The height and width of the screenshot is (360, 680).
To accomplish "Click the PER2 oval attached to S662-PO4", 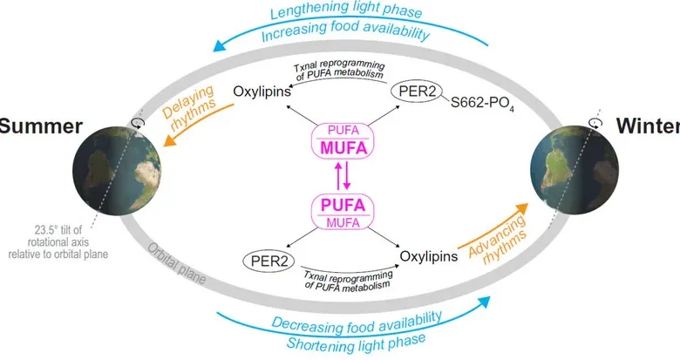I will (415, 90).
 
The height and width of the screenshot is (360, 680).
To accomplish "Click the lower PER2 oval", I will (270, 260).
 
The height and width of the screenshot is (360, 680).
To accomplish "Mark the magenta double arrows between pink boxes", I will (341, 178).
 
